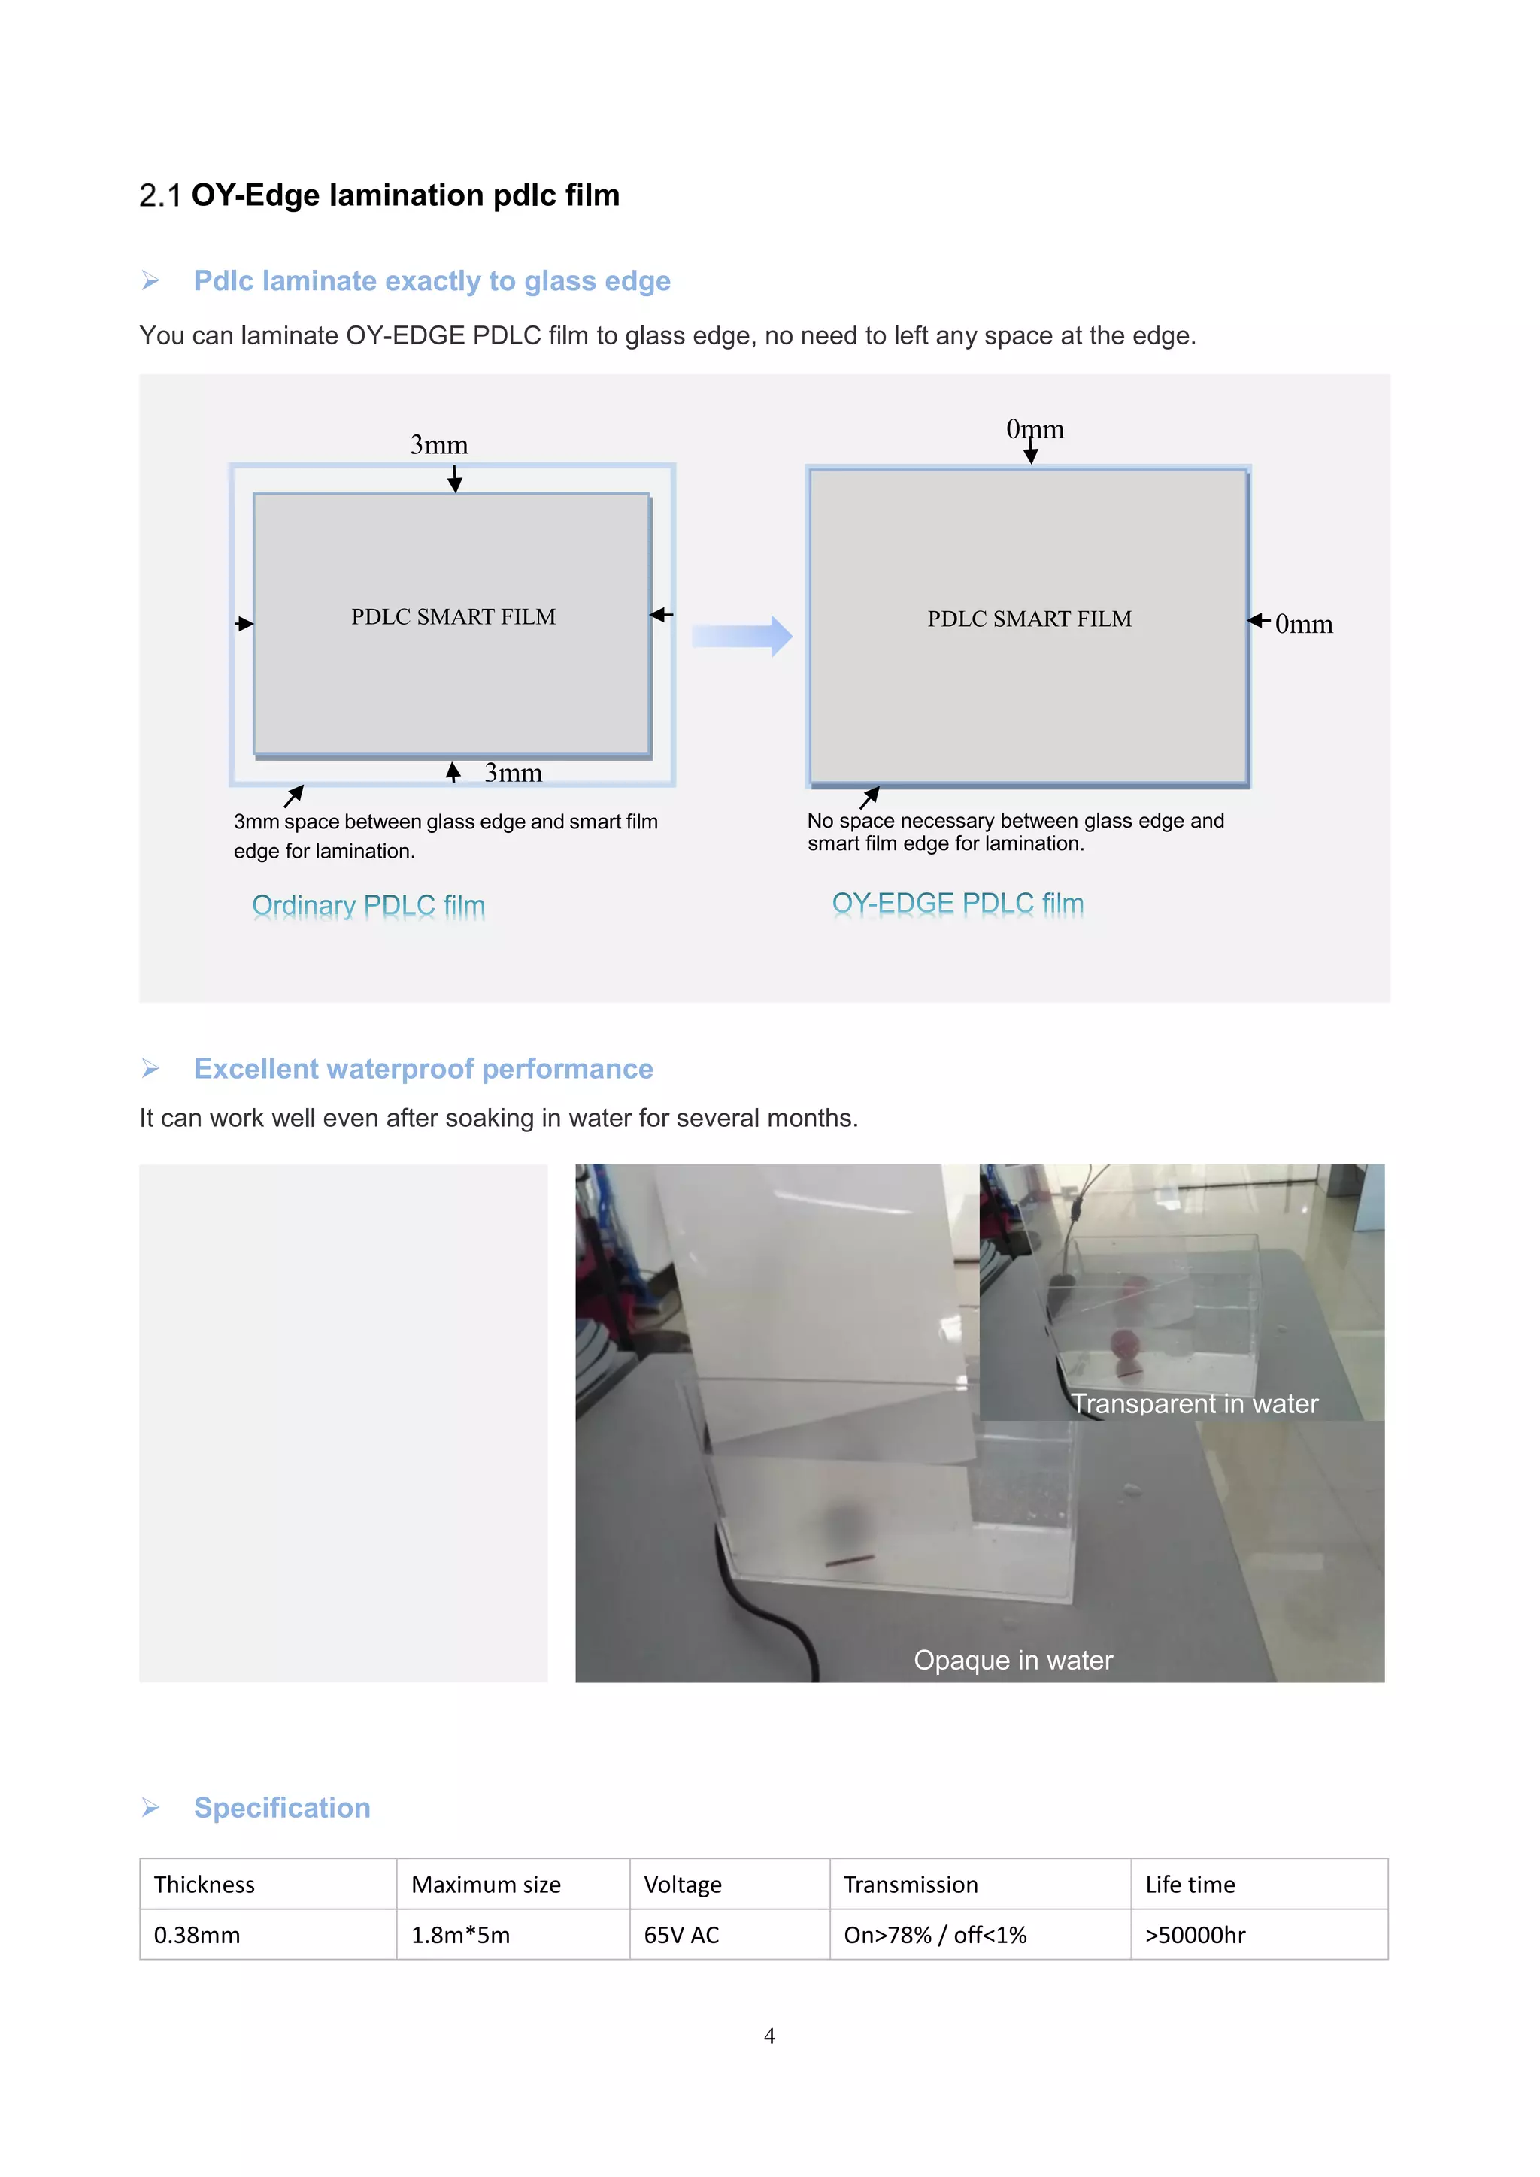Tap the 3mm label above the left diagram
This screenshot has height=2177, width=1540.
[x=439, y=445]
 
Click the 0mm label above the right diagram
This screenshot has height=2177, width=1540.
[x=1035, y=429]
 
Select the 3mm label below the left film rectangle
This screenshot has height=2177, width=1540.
[x=513, y=773]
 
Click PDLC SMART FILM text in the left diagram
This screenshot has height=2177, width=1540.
[x=453, y=616]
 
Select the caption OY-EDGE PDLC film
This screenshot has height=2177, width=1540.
[x=958, y=904]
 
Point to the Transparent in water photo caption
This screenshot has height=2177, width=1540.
[x=1194, y=1403]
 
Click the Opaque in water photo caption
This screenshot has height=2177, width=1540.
[x=1013, y=1661]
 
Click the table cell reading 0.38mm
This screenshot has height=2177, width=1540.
[x=197, y=1935]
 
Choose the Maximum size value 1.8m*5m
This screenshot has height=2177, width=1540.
[x=460, y=1935]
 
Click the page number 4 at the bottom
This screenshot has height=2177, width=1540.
[x=769, y=2036]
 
